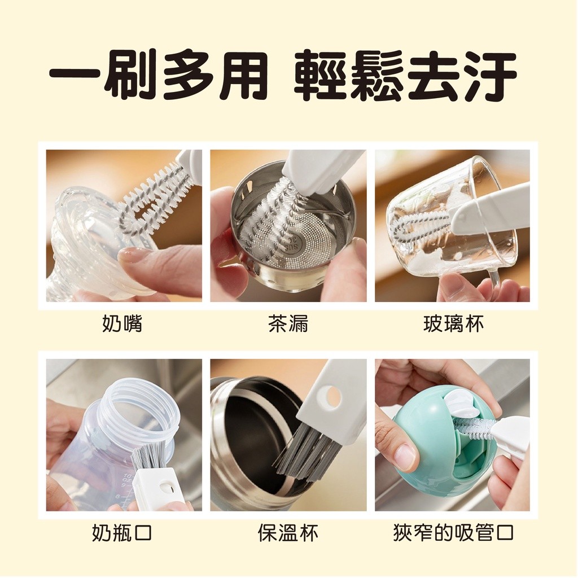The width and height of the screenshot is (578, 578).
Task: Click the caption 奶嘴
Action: pos(122,324)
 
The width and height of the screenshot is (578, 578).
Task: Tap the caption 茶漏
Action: pos(288,324)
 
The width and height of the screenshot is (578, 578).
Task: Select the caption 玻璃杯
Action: pos(453,324)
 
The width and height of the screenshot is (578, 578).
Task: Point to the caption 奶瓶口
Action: pos(122,533)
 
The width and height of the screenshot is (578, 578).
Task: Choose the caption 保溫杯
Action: pos(288,533)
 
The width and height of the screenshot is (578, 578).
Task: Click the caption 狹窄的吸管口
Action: pos(453,533)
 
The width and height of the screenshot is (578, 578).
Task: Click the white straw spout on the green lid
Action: pos(463,404)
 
